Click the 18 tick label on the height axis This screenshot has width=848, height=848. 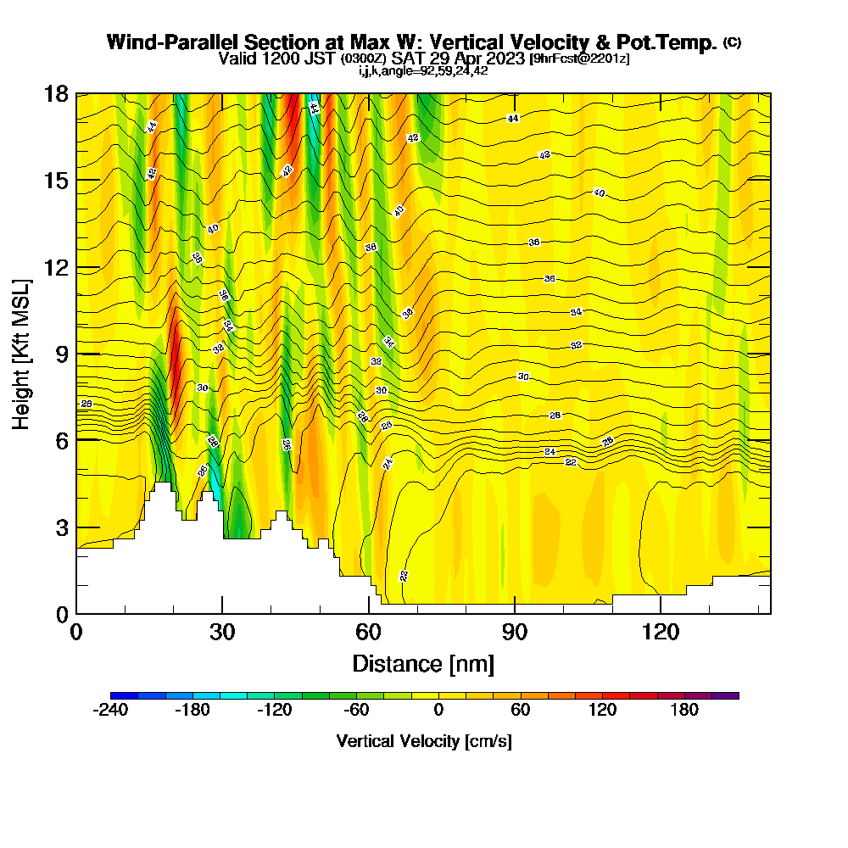[56, 93]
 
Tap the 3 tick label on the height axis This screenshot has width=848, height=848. [61, 527]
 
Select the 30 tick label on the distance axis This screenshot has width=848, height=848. [222, 633]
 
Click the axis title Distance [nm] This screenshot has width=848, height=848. [423, 662]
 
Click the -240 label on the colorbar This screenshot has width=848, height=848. [109, 710]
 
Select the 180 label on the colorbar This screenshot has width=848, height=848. [684, 710]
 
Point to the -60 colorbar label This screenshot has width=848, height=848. [356, 710]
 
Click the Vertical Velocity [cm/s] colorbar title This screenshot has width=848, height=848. [424, 741]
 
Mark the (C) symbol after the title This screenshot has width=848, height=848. [732, 42]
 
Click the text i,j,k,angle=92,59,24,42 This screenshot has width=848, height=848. [423, 71]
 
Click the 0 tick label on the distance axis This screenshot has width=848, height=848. [77, 633]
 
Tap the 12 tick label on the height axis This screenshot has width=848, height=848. [56, 267]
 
